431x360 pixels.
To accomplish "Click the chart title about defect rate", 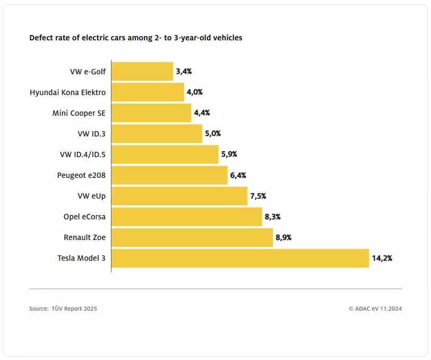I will point(136,38).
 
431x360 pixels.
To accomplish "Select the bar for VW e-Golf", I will point(142,71).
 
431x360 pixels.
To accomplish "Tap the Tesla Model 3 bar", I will point(240,258).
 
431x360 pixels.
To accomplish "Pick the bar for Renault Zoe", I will point(192,237).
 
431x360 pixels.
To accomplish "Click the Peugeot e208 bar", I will point(169,175).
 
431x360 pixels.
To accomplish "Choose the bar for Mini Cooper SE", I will point(151,113).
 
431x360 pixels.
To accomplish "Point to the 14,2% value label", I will point(382,258).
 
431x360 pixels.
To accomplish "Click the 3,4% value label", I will point(184,71).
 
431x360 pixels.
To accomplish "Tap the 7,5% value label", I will point(258,196).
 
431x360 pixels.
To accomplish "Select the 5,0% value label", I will point(212,134).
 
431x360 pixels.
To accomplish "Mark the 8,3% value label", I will point(272,217).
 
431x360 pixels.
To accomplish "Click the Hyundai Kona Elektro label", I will point(67,92).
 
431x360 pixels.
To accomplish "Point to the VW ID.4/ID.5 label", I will point(82,155).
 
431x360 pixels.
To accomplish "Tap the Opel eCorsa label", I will point(84,217).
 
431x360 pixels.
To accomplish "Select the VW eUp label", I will point(91,196).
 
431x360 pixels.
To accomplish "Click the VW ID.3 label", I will point(91,134).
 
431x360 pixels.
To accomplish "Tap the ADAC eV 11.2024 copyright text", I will point(375,308).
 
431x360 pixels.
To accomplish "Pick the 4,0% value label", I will point(194,92).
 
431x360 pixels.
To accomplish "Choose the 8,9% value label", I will point(283,237).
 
